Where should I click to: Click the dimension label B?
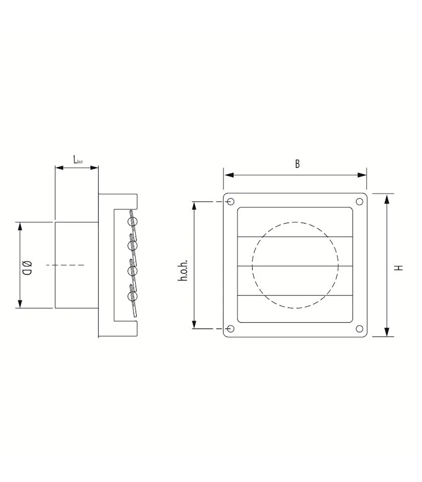click(x=297, y=164)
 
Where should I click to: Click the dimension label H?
click(x=399, y=268)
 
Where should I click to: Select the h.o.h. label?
click(x=183, y=271)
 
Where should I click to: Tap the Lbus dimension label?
click(x=78, y=160)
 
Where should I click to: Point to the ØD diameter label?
click(x=27, y=267)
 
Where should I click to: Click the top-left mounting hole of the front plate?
click(x=231, y=201)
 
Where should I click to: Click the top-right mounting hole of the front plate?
click(x=359, y=201)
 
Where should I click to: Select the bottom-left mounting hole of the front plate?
click(x=231, y=329)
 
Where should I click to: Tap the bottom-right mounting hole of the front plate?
click(x=359, y=329)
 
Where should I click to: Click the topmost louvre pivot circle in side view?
click(x=132, y=221)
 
